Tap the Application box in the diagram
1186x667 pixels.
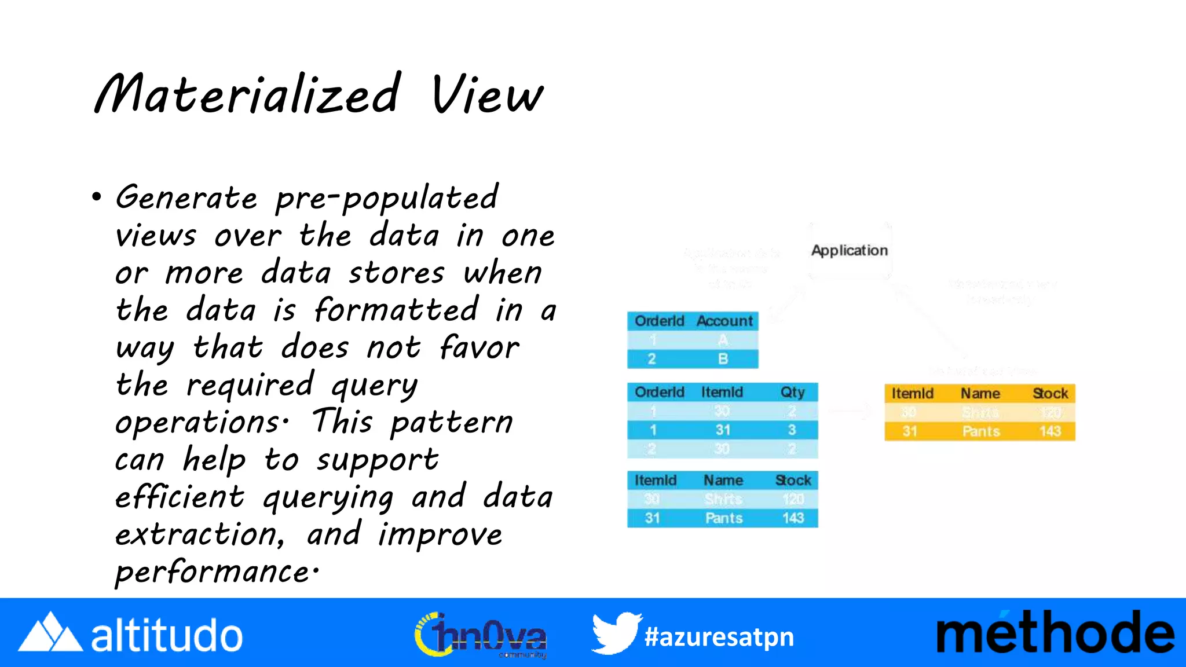pos(849,250)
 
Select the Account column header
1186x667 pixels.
pos(724,321)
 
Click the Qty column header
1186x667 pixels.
pos(792,392)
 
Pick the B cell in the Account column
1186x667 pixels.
pos(723,359)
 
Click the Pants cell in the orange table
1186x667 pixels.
pos(980,431)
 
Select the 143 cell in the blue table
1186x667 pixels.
pos(793,518)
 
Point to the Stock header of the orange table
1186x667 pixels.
pos(1050,394)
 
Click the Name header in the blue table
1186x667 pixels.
pos(723,480)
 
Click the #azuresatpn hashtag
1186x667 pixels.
pos(719,637)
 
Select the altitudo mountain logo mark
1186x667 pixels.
pos(50,632)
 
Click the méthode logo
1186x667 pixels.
pos(1055,633)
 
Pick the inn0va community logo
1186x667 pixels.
pos(481,635)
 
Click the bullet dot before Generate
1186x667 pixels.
pos(97,197)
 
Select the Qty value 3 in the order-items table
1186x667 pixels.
pos(792,430)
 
